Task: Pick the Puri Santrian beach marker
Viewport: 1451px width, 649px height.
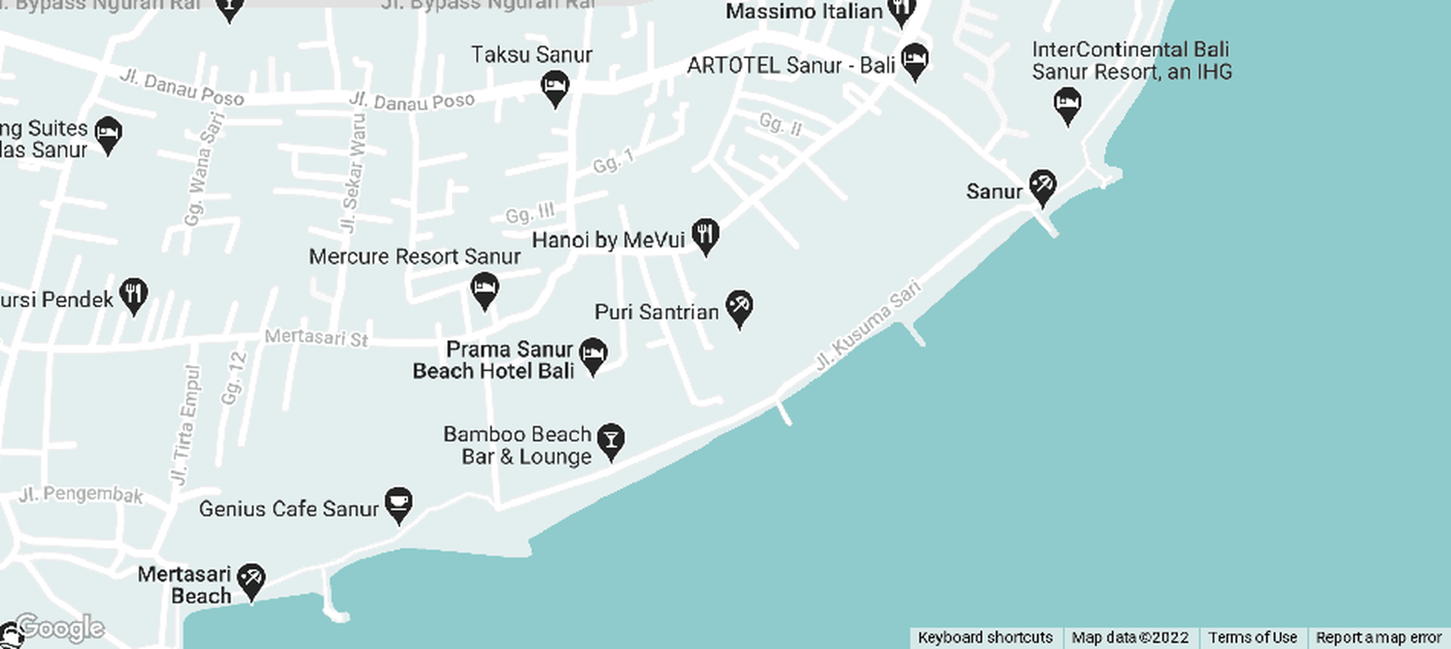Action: [739, 308]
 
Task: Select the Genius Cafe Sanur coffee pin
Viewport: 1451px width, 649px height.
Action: [399, 504]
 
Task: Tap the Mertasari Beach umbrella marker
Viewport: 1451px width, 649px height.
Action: [251, 580]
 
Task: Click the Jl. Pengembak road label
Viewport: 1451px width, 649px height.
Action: [81, 494]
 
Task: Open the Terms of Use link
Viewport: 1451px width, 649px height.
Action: [1252, 638]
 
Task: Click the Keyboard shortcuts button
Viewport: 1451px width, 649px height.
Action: [985, 638]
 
